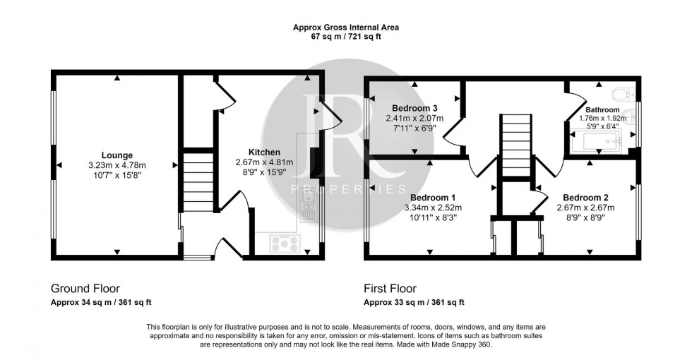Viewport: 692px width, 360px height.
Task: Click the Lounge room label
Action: point(117,155)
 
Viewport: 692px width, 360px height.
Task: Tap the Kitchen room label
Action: point(264,152)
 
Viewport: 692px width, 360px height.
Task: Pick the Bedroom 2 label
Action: point(585,198)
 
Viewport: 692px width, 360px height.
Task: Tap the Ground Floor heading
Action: point(85,289)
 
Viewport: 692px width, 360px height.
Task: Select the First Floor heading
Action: point(390,289)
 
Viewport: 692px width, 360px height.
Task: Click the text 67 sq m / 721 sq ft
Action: point(346,37)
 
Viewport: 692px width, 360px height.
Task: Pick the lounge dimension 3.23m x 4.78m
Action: point(117,165)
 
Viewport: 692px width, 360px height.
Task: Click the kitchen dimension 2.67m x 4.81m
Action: point(264,162)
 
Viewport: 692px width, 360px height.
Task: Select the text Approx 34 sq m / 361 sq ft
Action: point(101,303)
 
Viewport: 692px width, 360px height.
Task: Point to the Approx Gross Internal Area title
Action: point(346,28)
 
